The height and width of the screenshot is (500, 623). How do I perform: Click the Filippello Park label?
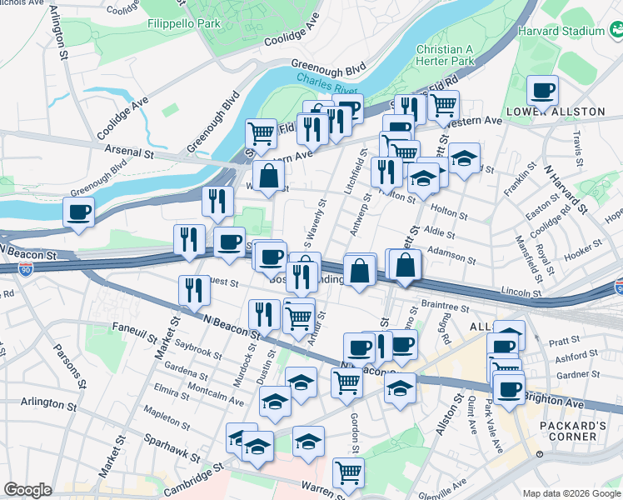click(184, 23)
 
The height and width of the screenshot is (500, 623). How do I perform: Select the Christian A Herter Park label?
click(445, 55)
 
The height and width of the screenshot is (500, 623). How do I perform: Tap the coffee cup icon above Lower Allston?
click(542, 89)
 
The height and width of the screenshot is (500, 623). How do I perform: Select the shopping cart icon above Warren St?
click(348, 472)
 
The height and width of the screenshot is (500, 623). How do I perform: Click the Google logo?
click(27, 489)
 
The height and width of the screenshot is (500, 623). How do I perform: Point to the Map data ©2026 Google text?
click(570, 493)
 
